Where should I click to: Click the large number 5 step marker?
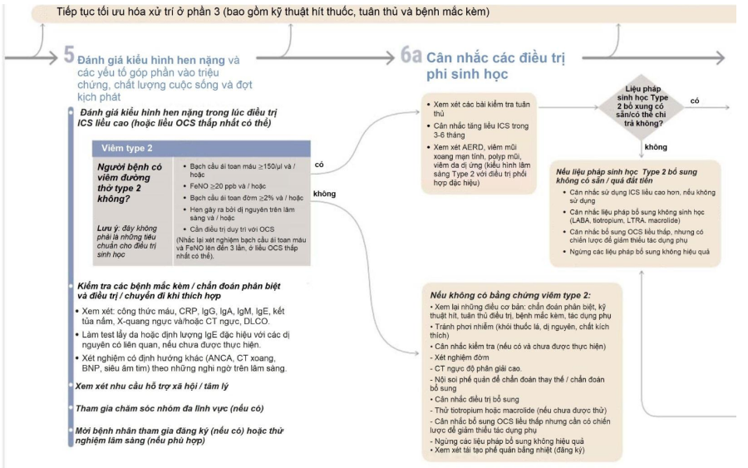(x=66, y=57)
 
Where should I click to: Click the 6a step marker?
(x=411, y=56)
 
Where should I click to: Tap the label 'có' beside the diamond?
(x=694, y=101)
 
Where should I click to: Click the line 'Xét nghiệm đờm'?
(x=465, y=356)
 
